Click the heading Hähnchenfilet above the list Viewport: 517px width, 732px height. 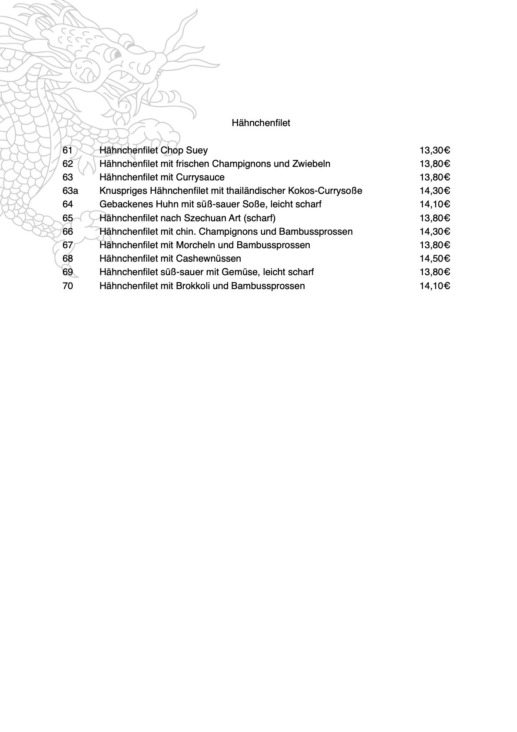261,123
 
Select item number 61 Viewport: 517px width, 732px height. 68,150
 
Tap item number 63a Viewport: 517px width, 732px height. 70,191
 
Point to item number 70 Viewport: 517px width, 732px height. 68,286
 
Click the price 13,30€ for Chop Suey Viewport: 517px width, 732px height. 434,150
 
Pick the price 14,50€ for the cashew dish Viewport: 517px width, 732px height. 434,259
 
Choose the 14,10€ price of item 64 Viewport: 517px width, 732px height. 434,204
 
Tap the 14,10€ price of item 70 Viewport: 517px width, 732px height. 434,286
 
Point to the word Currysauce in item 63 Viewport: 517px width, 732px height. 200,177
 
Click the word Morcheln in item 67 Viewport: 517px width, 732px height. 195,245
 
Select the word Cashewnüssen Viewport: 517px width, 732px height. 209,259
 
